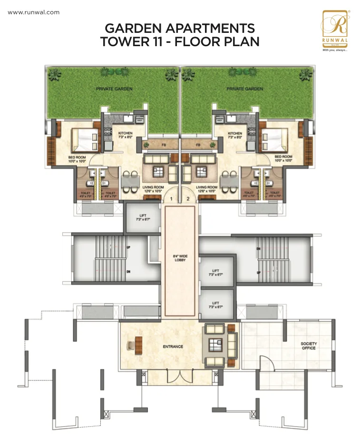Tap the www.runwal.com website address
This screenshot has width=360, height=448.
(x=34, y=12)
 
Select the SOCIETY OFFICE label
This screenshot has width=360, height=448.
(x=308, y=346)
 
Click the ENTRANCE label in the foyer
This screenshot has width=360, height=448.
(x=173, y=347)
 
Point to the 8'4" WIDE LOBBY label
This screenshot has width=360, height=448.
(x=180, y=259)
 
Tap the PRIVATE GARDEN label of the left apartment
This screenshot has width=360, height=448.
(x=114, y=89)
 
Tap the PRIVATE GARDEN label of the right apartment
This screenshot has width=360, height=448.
(x=245, y=89)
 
